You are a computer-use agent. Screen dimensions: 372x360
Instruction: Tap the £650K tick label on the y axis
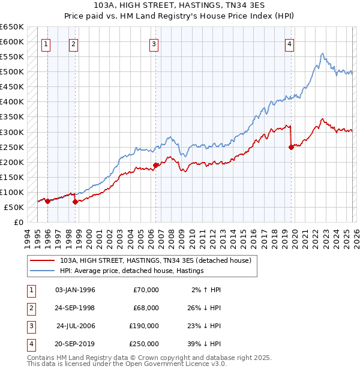pos(12,27)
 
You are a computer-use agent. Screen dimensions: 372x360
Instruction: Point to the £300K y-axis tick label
pos(12,132)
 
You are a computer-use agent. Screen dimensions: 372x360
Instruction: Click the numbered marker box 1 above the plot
pos(47,44)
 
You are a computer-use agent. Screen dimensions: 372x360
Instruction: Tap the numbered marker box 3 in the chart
pos(154,44)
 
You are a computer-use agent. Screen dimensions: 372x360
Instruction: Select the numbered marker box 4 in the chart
pos(289,44)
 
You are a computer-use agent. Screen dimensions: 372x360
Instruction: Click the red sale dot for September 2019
pos(291,146)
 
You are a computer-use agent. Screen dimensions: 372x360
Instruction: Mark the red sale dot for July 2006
pos(155,165)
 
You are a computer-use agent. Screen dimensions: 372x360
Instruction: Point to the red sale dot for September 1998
pos(75,202)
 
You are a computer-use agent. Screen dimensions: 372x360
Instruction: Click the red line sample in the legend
pos(42,261)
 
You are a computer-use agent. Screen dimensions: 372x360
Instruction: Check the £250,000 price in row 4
pos(144,344)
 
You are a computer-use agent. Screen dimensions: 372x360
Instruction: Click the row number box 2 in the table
pos(30,308)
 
